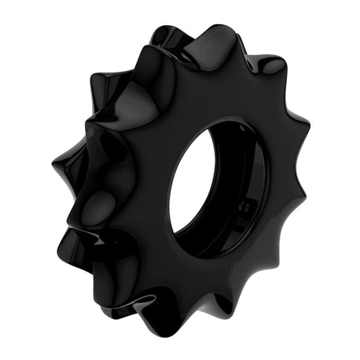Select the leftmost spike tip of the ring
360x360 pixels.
pos(53,164)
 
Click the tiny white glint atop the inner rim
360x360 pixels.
pos(223,122)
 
